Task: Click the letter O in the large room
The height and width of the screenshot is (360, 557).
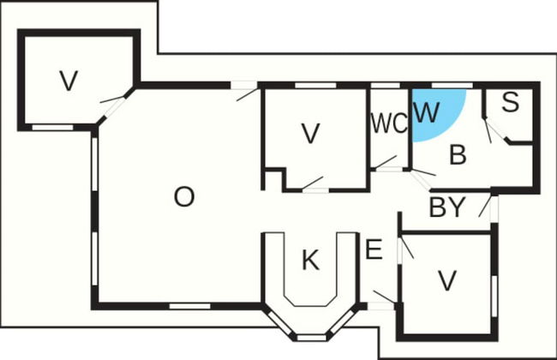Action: (184, 197)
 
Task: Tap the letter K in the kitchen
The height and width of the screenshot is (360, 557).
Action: (310, 260)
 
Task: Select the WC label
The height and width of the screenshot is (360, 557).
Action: (389, 123)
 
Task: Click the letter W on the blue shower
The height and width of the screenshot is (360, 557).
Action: (427, 112)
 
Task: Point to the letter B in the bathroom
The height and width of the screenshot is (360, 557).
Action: (458, 154)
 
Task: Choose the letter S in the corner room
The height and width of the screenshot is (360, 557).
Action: (511, 102)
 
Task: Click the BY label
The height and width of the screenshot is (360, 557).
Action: (447, 207)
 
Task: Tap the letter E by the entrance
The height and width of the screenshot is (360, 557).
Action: (374, 249)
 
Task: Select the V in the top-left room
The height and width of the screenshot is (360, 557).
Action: (69, 81)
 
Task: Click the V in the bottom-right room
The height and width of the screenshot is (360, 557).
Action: (446, 281)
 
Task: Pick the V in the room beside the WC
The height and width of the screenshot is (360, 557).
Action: (310, 134)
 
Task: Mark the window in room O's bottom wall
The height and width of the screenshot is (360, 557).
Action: (189, 306)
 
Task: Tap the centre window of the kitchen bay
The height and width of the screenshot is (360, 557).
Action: (311, 338)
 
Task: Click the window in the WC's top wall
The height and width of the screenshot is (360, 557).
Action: (386, 86)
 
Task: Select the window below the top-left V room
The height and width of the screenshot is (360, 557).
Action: (52, 127)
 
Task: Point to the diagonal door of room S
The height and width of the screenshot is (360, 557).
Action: (494, 131)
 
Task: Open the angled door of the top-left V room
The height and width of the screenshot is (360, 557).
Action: (113, 105)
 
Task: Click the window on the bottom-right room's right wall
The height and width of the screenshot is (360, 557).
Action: (494, 296)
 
